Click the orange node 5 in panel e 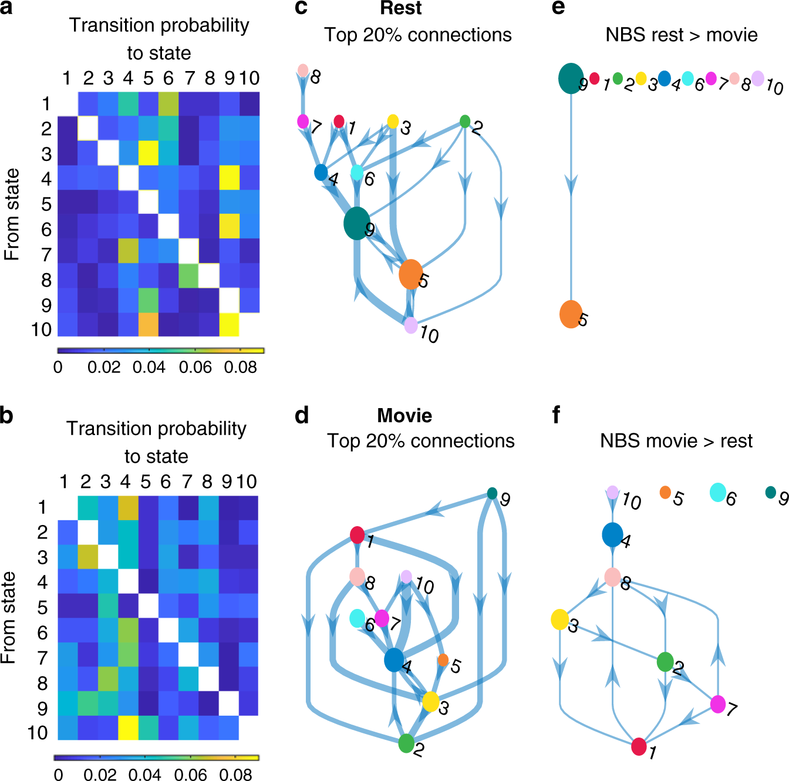click(571, 314)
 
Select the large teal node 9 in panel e click(571, 78)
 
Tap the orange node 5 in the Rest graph click(410, 274)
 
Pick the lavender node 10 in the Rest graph click(411, 325)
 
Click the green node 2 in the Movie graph click(406, 743)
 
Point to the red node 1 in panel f click(639, 747)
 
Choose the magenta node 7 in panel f click(717, 704)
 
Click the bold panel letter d click(302, 416)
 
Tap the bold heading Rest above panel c click(401, 8)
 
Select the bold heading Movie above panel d click(404, 416)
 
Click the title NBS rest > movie click(681, 35)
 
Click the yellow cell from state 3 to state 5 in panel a click(149, 154)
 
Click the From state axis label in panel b click(9, 618)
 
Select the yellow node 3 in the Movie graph click(430, 701)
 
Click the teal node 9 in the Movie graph click(492, 493)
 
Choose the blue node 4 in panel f click(612, 534)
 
